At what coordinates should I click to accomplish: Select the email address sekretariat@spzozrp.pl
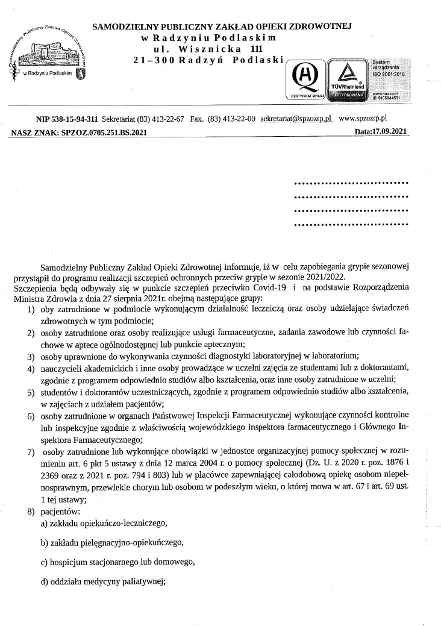[296, 119]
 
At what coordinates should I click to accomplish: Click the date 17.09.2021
[389, 131]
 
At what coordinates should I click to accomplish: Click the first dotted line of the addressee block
[350, 183]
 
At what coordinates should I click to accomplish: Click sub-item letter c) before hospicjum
[44, 563]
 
